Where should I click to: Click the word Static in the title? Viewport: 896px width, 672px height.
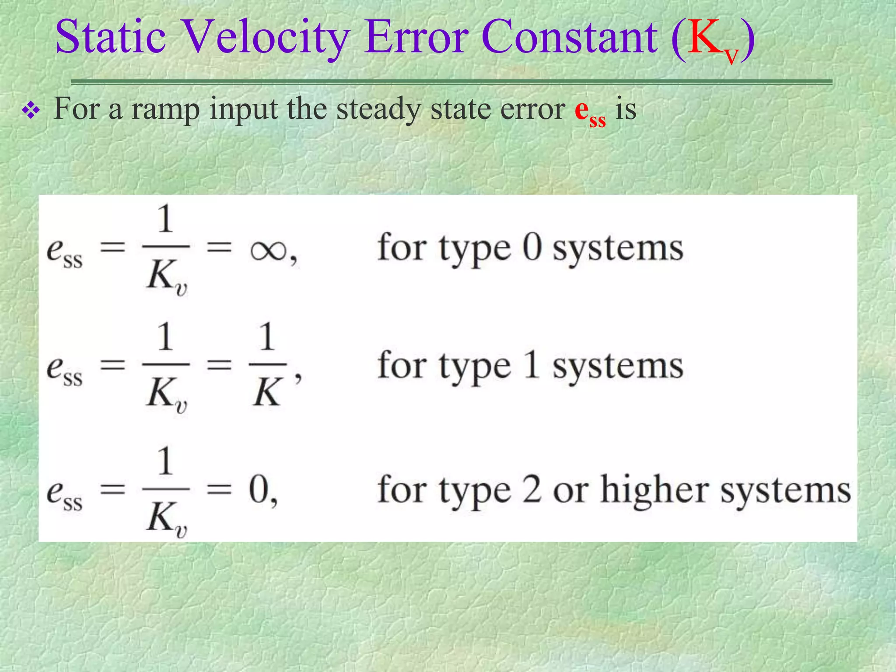(x=111, y=37)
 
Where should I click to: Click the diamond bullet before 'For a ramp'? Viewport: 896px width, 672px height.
(x=31, y=111)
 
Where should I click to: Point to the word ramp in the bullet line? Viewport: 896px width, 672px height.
(x=165, y=109)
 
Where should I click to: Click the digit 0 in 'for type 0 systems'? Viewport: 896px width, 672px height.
(x=532, y=248)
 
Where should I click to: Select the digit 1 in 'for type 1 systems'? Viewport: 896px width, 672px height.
(x=532, y=365)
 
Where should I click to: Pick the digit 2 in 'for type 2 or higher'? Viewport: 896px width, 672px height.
(x=532, y=490)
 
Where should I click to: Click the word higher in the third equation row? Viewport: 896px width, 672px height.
(x=654, y=490)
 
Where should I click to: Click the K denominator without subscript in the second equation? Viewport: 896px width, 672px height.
(x=266, y=392)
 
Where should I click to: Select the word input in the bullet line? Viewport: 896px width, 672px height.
(x=243, y=109)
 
